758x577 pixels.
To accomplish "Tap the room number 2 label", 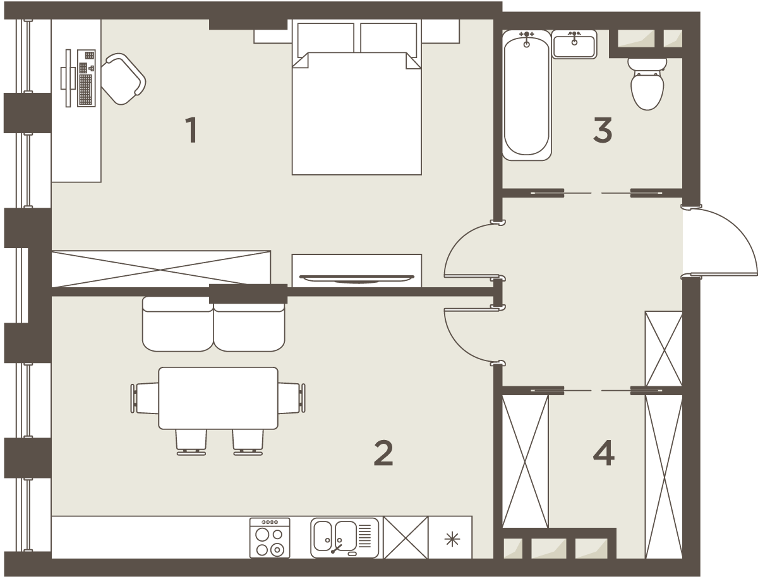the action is pyautogui.click(x=383, y=453).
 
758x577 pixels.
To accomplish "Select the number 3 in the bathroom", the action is pyautogui.click(x=603, y=130).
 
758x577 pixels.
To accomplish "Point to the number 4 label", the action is pyautogui.click(x=604, y=453).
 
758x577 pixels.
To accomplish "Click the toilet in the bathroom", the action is pyautogui.click(x=647, y=84).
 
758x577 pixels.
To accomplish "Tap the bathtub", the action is pyautogui.click(x=527, y=95).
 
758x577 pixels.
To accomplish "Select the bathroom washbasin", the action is pyautogui.click(x=574, y=45).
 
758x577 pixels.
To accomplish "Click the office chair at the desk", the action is pyautogui.click(x=124, y=79).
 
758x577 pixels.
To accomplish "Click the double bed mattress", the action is pyautogui.click(x=357, y=114).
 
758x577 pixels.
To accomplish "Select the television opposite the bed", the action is pyautogui.click(x=357, y=278).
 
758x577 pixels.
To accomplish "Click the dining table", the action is pyautogui.click(x=219, y=398).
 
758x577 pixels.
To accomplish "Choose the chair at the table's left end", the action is pyautogui.click(x=145, y=398).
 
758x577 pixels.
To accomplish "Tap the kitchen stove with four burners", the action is pyautogui.click(x=270, y=538).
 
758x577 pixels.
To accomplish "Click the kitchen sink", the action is pyautogui.click(x=345, y=538).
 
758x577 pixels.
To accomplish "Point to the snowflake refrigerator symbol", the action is pyautogui.click(x=452, y=540).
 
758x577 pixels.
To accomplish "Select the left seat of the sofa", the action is pyautogui.click(x=178, y=324).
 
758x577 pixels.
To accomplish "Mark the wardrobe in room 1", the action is pyautogui.click(x=161, y=269).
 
